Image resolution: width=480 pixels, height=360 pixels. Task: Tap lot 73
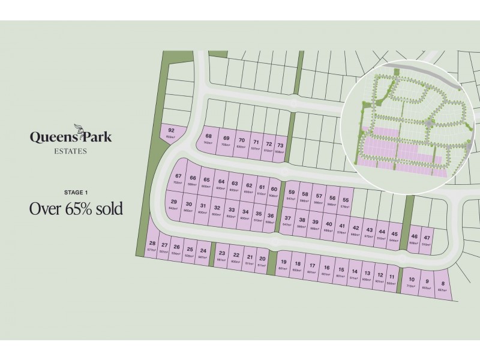[280, 148]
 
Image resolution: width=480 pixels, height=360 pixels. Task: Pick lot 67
[178, 178]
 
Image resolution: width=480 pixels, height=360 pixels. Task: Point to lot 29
[174, 205]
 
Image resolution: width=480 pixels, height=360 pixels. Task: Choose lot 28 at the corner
[152, 246]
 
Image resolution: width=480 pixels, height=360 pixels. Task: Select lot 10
[411, 282]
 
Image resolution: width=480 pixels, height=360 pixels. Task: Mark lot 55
[346, 202]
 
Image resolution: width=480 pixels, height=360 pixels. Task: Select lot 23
[222, 256]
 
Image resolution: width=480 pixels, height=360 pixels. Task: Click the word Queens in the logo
[50, 137]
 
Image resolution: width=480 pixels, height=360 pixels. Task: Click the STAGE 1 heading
[76, 192]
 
